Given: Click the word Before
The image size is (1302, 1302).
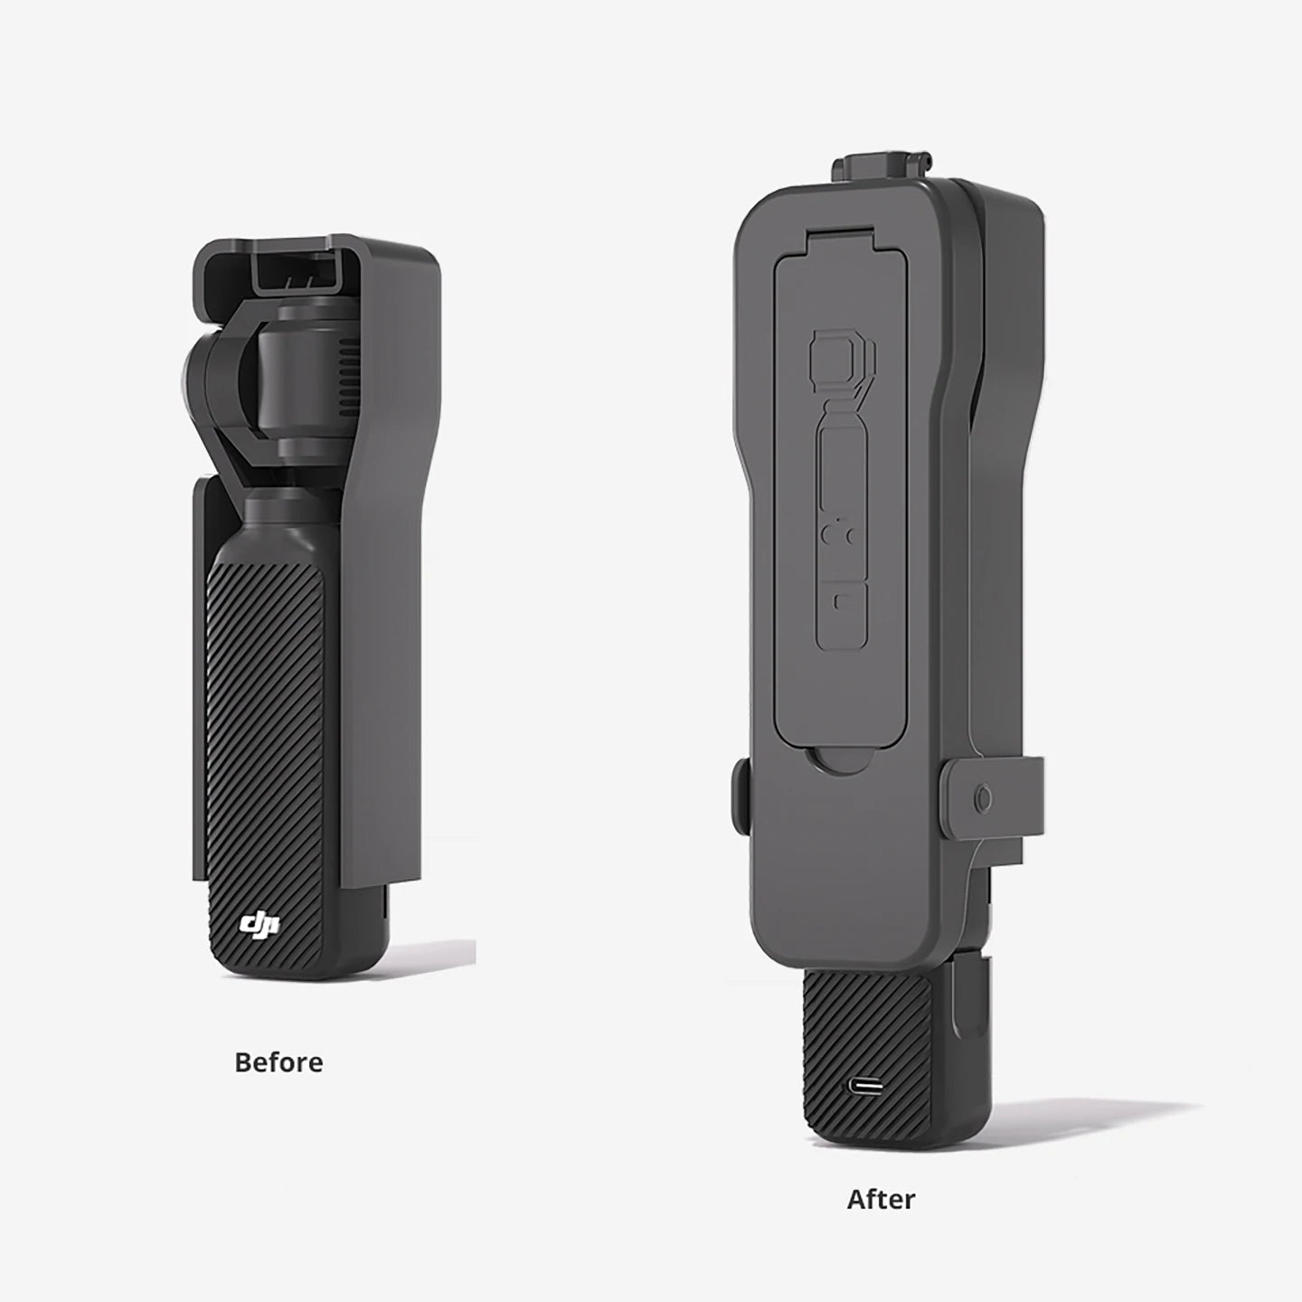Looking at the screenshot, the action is point(278,1062).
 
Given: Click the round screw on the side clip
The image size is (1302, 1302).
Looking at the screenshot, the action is point(984,798).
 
